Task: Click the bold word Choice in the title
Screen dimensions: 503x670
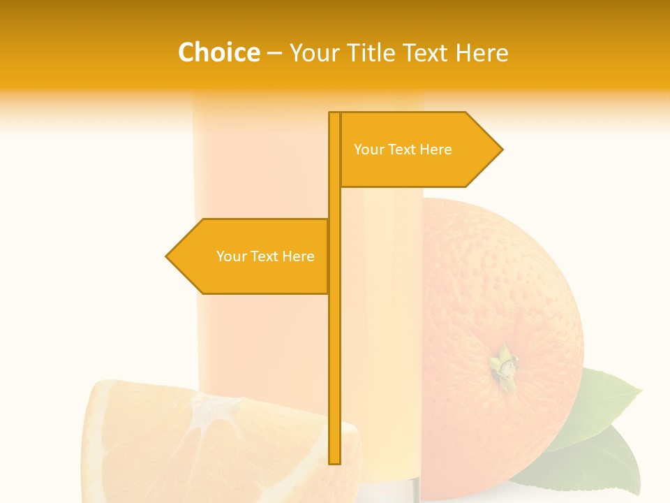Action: [x=218, y=53]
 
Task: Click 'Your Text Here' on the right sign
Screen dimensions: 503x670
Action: [x=403, y=150]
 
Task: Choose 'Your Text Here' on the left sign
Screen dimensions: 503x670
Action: [x=265, y=256]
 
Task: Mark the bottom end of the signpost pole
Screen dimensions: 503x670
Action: [x=334, y=461]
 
